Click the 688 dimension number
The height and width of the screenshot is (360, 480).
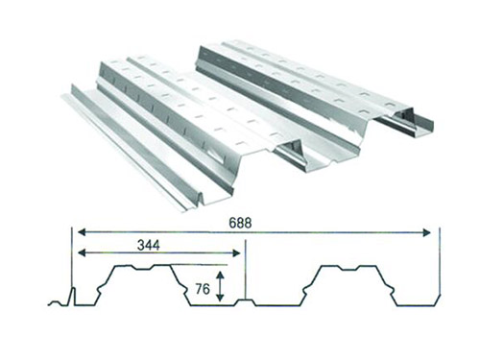point(240,223)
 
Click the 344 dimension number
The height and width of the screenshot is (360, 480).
point(149,245)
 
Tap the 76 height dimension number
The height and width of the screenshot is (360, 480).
point(203,289)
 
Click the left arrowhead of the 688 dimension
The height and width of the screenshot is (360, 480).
point(82,232)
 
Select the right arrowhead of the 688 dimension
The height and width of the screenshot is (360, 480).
point(426,232)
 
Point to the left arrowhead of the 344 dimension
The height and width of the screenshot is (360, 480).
point(82,253)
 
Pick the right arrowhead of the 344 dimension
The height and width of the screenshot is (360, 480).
point(236,253)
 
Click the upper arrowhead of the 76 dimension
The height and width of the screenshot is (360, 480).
point(220,275)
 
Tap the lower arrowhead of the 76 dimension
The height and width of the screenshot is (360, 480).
point(220,298)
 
